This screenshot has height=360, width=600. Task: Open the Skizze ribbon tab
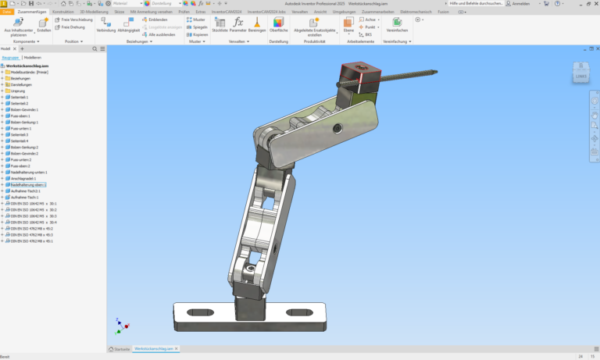(120, 12)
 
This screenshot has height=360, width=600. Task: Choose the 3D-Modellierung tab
(93, 12)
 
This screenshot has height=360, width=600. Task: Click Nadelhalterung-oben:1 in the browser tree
(28, 185)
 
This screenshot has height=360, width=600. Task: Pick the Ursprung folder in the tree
(17, 91)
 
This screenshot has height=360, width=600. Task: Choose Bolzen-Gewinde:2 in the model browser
(25, 154)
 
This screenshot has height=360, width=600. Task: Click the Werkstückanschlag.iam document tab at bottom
(155, 348)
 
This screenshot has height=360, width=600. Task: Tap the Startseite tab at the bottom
(120, 348)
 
